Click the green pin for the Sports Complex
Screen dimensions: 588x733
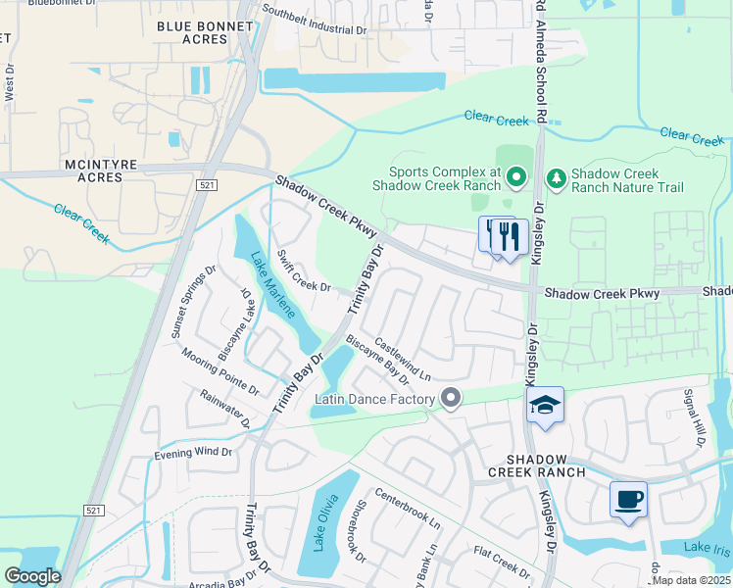(x=517, y=177)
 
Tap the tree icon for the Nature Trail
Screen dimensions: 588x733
(x=556, y=177)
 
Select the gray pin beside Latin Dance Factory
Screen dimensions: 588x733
(x=451, y=398)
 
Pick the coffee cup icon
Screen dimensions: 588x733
(x=628, y=500)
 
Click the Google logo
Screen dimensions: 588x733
(x=32, y=576)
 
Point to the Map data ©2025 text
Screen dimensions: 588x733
(x=690, y=580)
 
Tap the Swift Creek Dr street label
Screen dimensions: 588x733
(x=305, y=272)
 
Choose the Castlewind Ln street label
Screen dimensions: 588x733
(x=402, y=360)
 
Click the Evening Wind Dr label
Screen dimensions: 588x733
(x=193, y=454)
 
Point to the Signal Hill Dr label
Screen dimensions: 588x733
(x=695, y=417)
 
